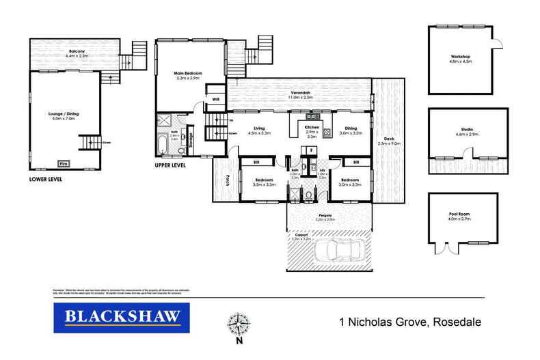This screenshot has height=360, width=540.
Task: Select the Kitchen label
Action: coord(312,130)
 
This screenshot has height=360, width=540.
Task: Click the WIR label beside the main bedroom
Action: coord(215,99)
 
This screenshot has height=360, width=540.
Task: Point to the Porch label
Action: coord(227,180)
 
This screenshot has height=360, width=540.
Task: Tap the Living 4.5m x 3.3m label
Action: coord(259,130)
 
